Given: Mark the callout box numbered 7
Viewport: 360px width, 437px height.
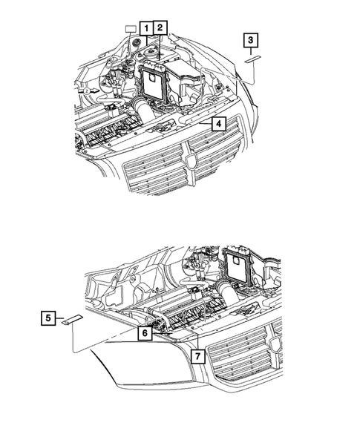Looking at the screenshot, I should [x=197, y=356].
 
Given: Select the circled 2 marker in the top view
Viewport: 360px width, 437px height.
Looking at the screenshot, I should [x=87, y=90].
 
